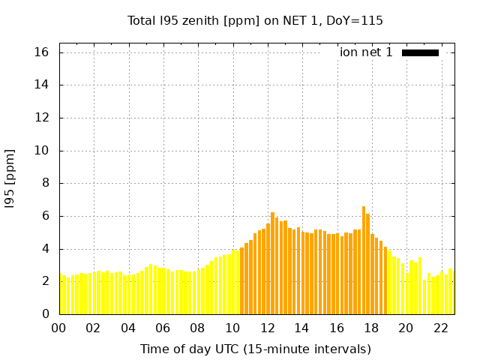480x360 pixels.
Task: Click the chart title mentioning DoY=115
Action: click(x=255, y=20)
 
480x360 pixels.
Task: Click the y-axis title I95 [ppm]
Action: click(x=10, y=178)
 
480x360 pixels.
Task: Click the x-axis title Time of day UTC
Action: click(x=255, y=349)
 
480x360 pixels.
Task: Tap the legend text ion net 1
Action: click(x=366, y=52)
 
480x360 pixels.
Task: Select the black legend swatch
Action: click(x=420, y=52)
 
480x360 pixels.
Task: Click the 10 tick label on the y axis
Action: click(x=41, y=151)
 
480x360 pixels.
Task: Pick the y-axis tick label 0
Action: click(x=45, y=314)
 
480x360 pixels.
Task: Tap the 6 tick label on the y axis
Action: click(x=45, y=216)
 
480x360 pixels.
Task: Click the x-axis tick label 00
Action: click(x=59, y=328)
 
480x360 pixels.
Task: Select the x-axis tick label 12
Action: click(x=268, y=328)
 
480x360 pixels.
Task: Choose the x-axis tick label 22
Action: click(x=441, y=328)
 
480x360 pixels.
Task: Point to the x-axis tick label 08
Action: click(x=198, y=328)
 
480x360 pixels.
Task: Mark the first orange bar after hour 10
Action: click(x=242, y=280)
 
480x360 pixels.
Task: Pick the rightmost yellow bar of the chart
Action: click(x=451, y=292)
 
